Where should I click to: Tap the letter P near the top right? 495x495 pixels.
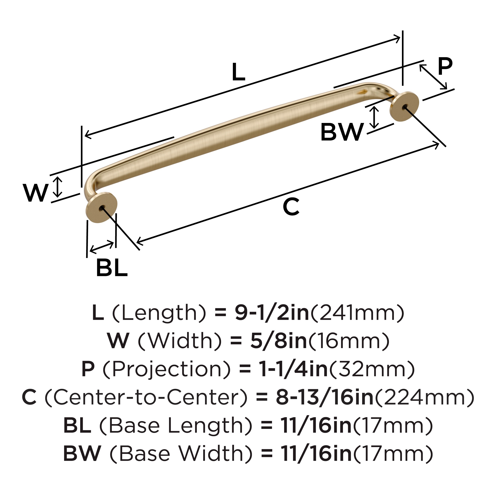coord(445,67)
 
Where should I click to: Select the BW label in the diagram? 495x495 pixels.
coord(342,132)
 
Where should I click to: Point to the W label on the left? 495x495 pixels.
coord(36,193)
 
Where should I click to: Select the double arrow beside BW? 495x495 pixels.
coord(374,117)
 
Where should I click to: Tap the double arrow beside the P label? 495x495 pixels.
coord(433,77)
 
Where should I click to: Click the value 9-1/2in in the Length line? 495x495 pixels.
coord(272,313)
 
